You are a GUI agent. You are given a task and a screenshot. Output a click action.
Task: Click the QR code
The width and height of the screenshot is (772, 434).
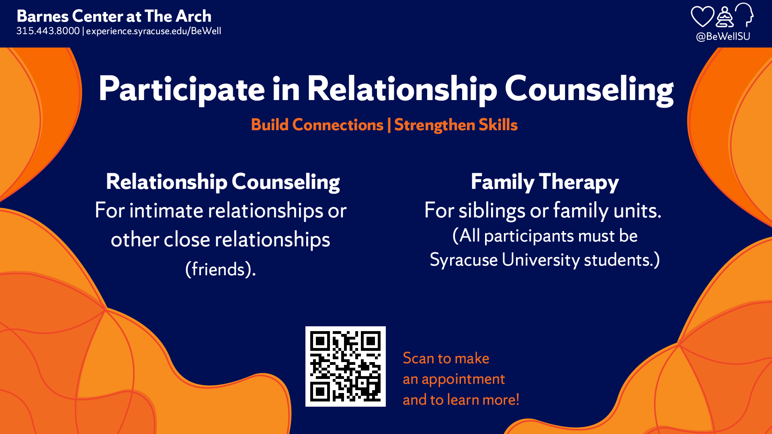(x=346, y=366)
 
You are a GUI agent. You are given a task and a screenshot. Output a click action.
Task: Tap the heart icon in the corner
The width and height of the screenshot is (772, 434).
(x=702, y=17)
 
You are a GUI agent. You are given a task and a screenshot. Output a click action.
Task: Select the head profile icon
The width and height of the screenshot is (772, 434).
(x=745, y=15)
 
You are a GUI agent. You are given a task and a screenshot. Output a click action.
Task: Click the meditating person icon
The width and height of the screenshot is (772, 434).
(x=725, y=17)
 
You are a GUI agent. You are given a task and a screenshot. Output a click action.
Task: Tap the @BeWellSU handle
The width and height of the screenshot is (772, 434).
(x=723, y=37)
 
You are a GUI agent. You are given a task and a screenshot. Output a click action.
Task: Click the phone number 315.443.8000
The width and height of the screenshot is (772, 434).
(x=48, y=31)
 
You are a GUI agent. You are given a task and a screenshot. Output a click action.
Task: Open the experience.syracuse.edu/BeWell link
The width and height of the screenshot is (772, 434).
(x=154, y=31)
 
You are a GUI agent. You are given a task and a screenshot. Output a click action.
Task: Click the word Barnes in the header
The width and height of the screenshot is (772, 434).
(x=43, y=16)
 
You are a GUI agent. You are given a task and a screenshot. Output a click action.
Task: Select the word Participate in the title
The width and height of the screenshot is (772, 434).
(x=182, y=89)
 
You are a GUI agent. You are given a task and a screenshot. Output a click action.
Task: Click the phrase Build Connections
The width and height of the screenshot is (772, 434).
(x=317, y=125)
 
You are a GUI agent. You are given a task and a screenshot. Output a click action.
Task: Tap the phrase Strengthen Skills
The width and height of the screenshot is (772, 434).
(x=456, y=125)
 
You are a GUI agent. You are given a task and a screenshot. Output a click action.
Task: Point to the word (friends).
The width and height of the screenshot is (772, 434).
(x=220, y=269)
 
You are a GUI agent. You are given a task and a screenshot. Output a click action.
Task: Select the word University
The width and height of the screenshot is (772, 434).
(x=541, y=260)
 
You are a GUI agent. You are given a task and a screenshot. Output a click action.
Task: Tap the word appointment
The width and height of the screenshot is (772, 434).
(x=463, y=379)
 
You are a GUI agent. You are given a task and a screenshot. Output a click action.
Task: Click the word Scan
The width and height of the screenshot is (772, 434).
(x=418, y=358)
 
